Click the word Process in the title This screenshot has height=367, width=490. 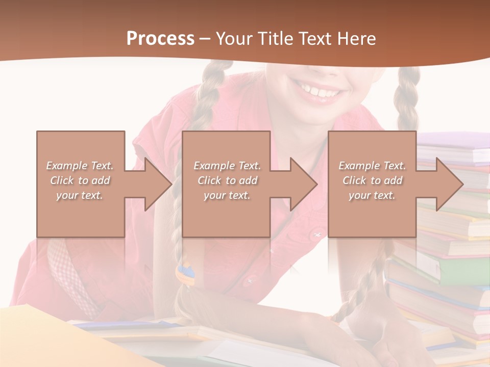pyautogui.click(x=160, y=39)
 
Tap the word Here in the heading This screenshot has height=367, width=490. pyautogui.click(x=357, y=39)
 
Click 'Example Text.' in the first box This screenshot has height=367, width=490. pyautogui.click(x=80, y=166)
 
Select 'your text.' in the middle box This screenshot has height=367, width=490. pyautogui.click(x=227, y=195)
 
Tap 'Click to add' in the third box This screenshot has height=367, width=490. pyautogui.click(x=373, y=180)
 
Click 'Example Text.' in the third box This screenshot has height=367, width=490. pyautogui.click(x=373, y=166)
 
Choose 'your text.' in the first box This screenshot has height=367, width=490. pyautogui.click(x=80, y=195)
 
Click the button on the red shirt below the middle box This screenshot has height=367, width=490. pyautogui.click(x=250, y=279)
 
